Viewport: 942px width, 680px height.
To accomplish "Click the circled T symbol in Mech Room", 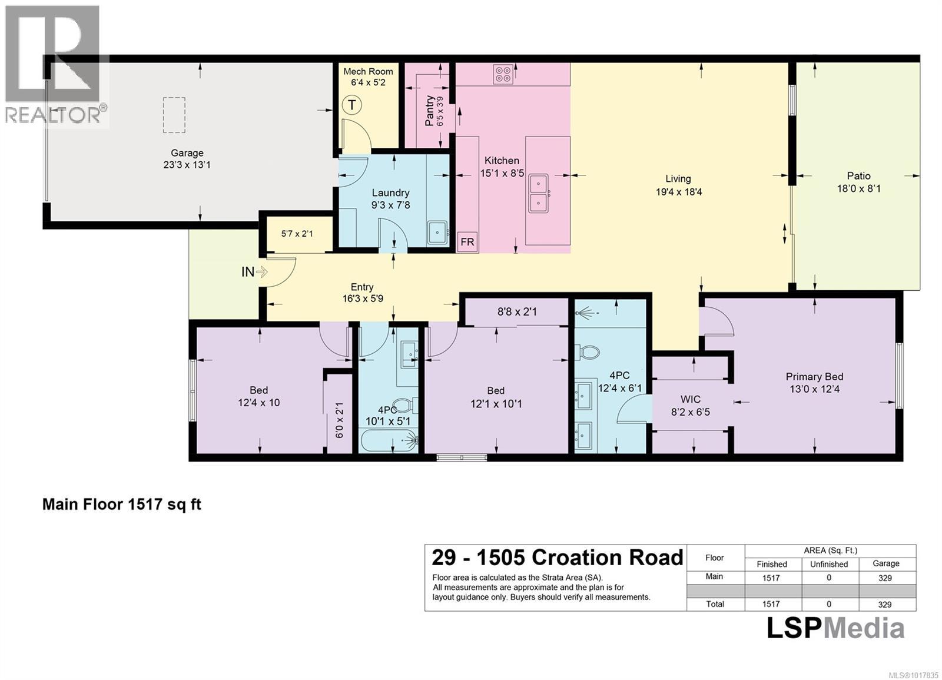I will (351, 105).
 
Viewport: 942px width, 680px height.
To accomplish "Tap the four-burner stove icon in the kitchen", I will (503, 74).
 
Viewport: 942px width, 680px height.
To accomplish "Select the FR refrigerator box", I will (467, 242).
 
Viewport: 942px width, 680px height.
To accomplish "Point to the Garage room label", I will (187, 153).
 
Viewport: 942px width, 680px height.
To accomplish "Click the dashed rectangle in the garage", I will (174, 115).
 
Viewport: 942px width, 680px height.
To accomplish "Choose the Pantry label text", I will (430, 110).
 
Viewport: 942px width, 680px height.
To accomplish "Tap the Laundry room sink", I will (437, 233).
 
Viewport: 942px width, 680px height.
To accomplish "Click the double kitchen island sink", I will (539, 193).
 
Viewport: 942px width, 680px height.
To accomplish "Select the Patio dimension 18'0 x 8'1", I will (858, 189).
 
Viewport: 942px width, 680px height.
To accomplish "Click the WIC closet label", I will (690, 399).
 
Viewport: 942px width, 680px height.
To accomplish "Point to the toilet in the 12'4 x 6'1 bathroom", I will (587, 353).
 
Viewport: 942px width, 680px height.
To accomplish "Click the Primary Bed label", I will (814, 377).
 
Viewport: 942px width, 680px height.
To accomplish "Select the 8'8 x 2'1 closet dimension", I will (517, 311).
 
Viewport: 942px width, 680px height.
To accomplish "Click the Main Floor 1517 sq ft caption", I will (122, 505).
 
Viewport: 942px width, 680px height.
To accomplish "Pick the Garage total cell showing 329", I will (884, 604).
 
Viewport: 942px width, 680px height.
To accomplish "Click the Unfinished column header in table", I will (828, 564).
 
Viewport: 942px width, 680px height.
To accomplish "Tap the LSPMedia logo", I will (835, 628).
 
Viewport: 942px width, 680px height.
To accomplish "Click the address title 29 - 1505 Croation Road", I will (557, 558).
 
